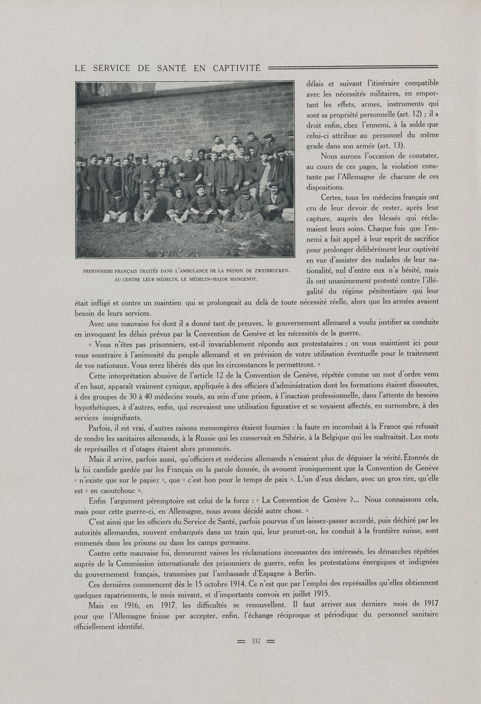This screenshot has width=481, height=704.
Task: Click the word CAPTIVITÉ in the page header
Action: pyautogui.click(x=233, y=68)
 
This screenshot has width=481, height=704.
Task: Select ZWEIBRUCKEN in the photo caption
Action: pyautogui.click(x=268, y=270)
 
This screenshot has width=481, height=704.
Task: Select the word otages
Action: pyautogui.click(x=153, y=449)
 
